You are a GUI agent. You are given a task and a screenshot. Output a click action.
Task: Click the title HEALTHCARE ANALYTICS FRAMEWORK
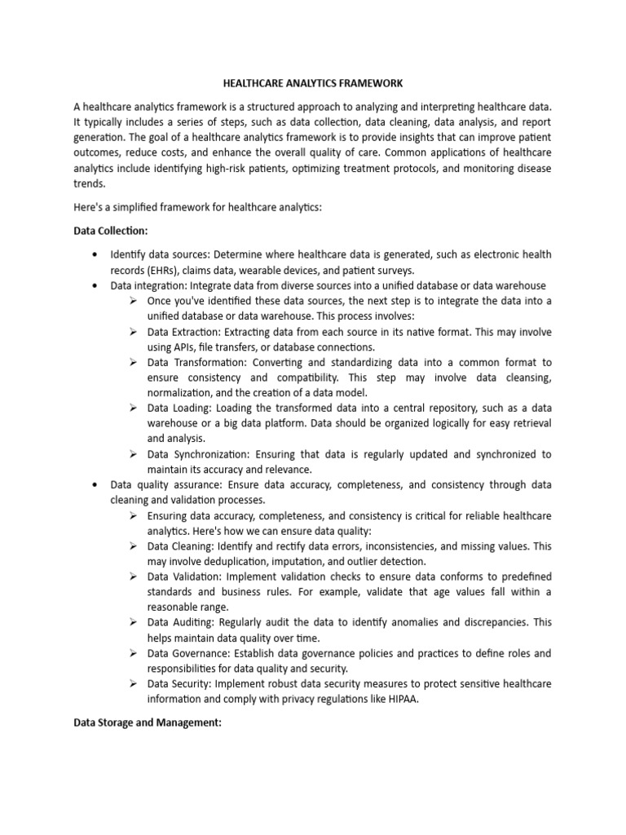click(x=313, y=84)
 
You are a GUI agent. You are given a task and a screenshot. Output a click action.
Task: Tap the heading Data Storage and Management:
click(x=148, y=722)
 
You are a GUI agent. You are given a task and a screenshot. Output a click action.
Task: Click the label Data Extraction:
click(x=187, y=333)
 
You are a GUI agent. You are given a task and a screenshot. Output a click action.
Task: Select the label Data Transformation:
click(x=197, y=363)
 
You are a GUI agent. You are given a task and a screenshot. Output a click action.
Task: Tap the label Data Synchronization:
click(x=200, y=454)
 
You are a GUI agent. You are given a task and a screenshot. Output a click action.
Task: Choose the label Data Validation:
click(x=184, y=577)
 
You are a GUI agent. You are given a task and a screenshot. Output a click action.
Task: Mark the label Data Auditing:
click(x=182, y=622)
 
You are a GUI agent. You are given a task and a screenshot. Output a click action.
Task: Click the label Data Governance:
click(x=189, y=653)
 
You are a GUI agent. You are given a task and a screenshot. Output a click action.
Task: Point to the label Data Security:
click(x=180, y=683)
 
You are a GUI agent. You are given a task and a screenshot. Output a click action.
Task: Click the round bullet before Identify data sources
click(x=98, y=254)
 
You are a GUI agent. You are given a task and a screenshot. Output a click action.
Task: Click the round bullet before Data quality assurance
click(x=98, y=485)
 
